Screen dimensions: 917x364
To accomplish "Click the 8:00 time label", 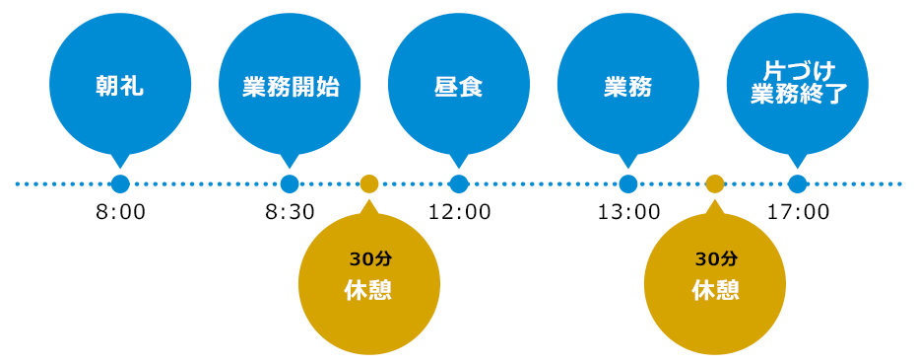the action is tap(120, 212).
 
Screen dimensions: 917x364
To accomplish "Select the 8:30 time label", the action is tap(290, 212).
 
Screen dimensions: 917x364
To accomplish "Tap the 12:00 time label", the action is tap(459, 212).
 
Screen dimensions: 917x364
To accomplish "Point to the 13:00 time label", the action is tap(628, 212).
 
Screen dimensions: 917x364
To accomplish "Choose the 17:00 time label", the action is tap(798, 212).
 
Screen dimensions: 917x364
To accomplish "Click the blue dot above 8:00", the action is tap(120, 184).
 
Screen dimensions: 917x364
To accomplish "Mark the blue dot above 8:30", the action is tap(290, 184).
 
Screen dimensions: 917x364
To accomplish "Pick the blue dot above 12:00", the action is tap(459, 184).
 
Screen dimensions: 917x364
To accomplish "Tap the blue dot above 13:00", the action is tap(628, 184).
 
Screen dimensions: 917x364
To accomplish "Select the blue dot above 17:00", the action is tap(797, 184).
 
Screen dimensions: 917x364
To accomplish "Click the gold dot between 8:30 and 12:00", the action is tap(369, 184).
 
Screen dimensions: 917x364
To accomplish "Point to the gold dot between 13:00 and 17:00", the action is tap(715, 184).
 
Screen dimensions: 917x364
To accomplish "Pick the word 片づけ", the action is tap(799, 72).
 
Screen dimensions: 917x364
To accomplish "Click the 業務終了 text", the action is tap(799, 94).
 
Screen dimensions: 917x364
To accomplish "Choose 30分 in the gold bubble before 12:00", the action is tap(369, 258).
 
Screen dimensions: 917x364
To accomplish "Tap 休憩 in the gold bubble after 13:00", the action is tap(715, 290).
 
